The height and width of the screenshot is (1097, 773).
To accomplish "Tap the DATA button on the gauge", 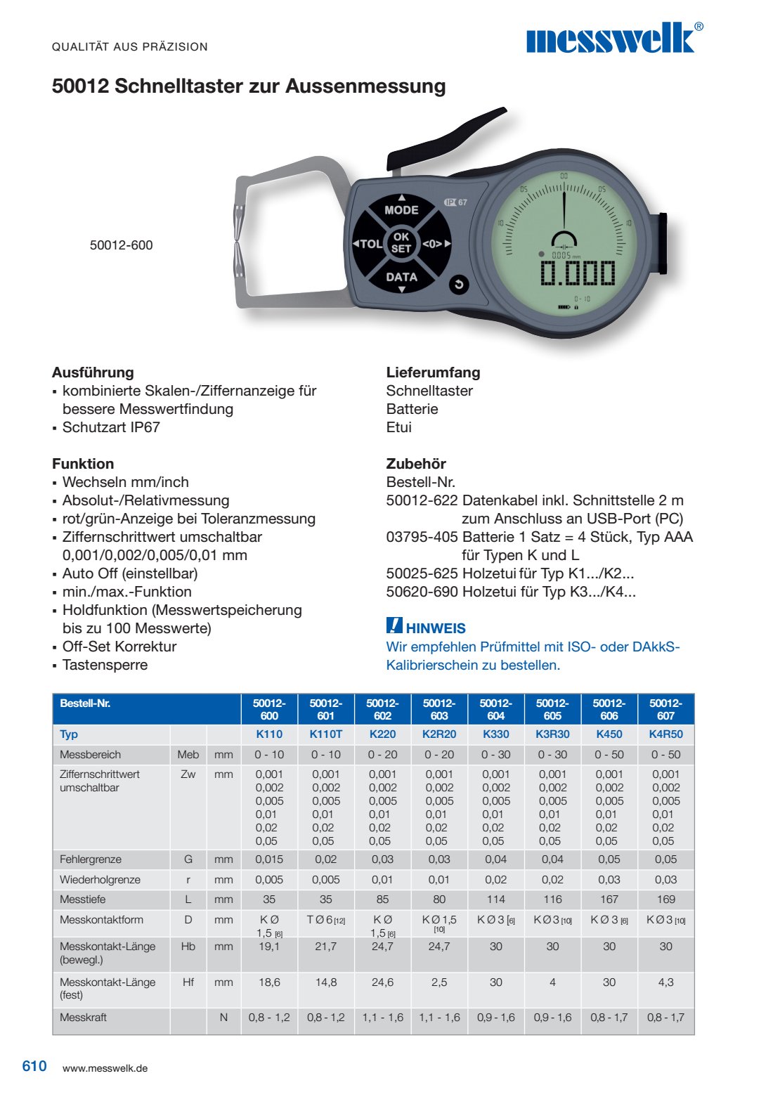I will click(x=401, y=278).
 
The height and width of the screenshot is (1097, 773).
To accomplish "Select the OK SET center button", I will click(x=401, y=242).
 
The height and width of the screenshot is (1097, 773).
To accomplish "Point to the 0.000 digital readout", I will click(x=578, y=273).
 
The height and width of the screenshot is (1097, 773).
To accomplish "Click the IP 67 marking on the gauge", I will click(x=455, y=202).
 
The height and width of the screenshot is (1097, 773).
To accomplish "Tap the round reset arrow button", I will click(x=459, y=284).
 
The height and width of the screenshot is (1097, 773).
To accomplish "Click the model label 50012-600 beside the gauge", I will click(x=121, y=245).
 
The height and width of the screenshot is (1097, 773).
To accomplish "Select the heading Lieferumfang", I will click(x=433, y=372).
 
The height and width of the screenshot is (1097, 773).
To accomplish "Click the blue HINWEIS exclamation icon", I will click(x=394, y=625).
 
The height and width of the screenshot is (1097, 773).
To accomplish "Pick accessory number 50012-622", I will click(x=422, y=500).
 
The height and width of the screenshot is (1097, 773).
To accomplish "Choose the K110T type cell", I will click(x=326, y=734).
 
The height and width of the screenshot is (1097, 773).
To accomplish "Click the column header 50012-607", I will click(x=665, y=709).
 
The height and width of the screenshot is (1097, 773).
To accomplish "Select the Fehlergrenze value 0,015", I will click(x=269, y=859).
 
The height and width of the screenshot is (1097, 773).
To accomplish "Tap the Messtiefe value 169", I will click(x=665, y=900).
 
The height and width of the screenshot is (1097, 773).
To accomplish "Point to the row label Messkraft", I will click(x=84, y=1018).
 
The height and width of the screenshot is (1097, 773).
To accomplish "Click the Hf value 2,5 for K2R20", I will click(x=439, y=982).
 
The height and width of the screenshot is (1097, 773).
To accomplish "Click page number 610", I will click(x=34, y=1067).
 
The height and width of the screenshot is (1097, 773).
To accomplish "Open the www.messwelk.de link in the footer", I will click(x=105, y=1068).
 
